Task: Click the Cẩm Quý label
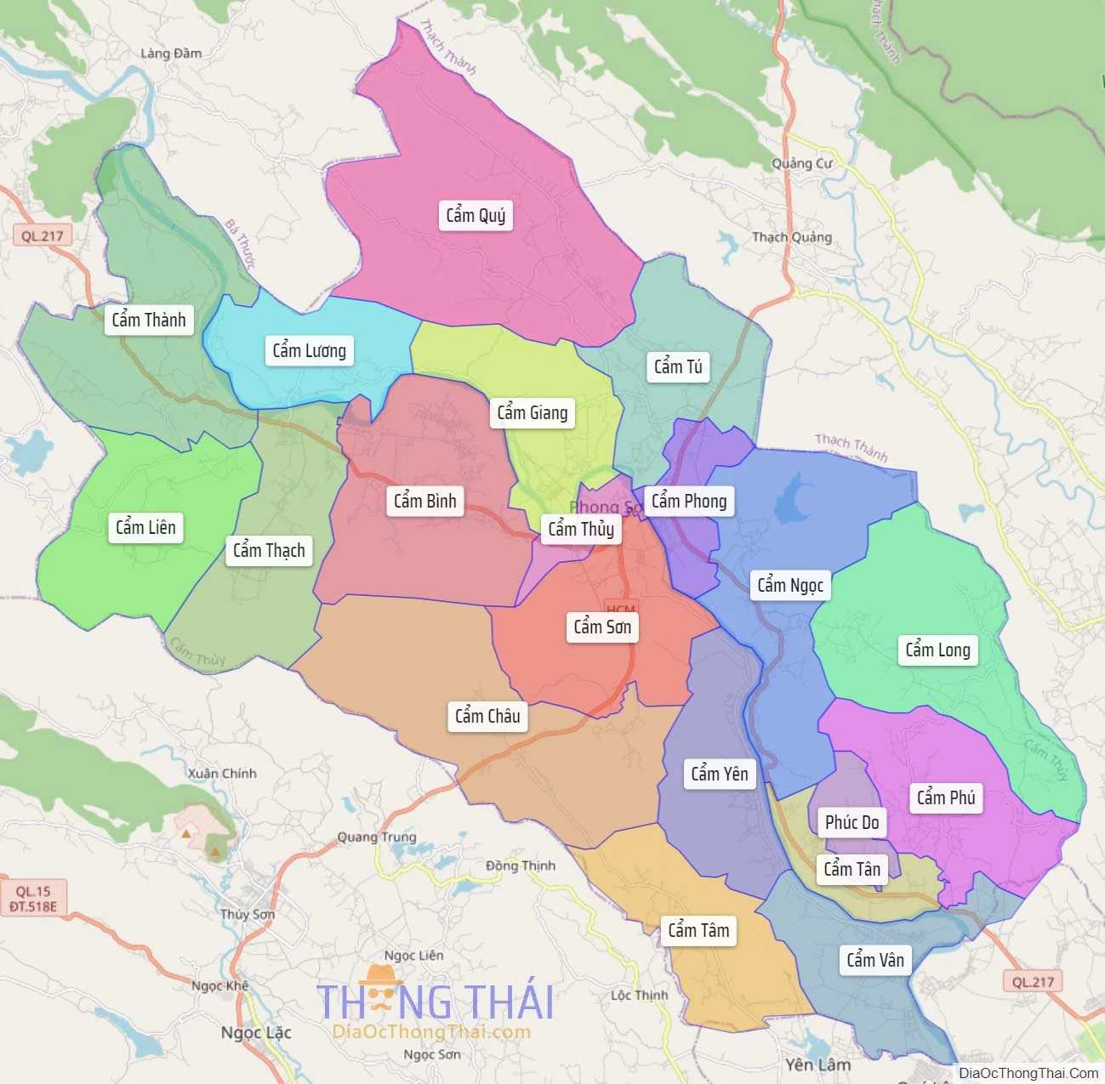point(476,215)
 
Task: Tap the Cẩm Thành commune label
point(149,320)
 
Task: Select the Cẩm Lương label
point(309,350)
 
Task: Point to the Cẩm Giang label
point(532,412)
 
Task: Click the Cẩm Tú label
point(678,366)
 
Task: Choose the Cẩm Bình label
point(424,501)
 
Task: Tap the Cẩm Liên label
point(145,527)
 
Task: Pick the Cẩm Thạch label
point(269,550)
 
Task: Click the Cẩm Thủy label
point(580,529)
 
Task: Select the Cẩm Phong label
point(689,501)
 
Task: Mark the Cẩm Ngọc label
point(790,585)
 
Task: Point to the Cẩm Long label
point(937,650)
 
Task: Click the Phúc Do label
point(852,822)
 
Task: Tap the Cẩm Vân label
point(875,960)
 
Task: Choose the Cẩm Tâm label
point(698,930)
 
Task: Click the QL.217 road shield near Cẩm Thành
point(42,236)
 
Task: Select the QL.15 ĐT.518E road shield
point(33,899)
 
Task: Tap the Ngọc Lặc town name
point(256,1032)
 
